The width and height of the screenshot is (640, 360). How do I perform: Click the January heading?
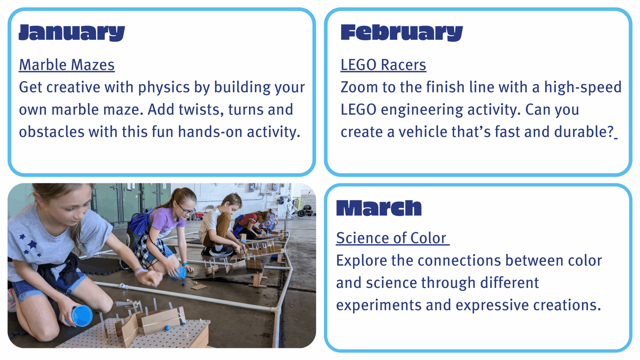pos(72,33)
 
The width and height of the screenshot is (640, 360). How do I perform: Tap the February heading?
pos(402,33)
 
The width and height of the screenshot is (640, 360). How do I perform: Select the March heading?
pos(379,208)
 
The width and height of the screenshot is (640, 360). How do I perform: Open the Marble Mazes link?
pos(67,65)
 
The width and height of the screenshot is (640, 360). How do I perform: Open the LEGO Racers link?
pos(383,65)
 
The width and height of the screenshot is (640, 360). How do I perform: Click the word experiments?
pos(379,305)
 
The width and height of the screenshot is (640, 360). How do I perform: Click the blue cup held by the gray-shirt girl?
pos(82,316)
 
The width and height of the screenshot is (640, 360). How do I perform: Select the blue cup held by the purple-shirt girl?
pos(181,273)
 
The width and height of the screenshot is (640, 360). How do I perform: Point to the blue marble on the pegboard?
pos(167,328)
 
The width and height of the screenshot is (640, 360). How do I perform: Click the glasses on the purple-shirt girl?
pos(187,210)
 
